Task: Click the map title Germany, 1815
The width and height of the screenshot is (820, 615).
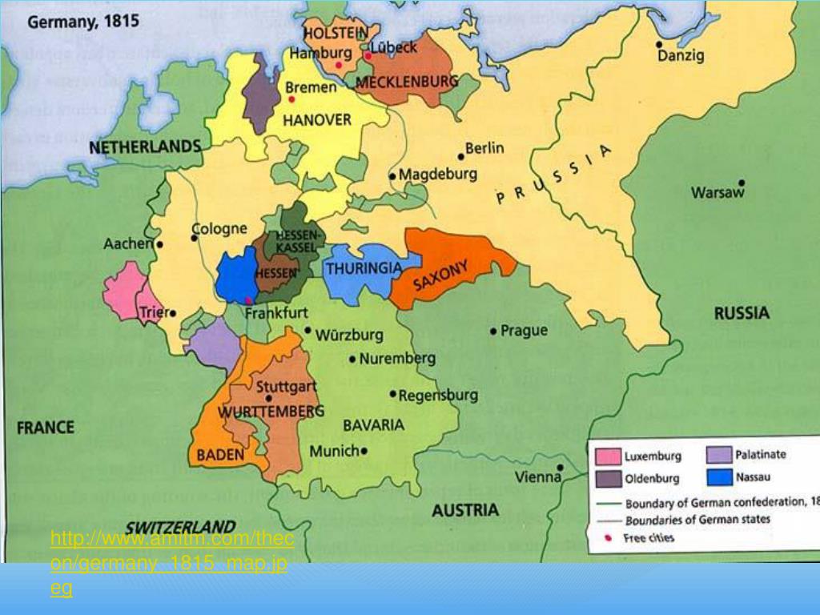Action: click(x=82, y=21)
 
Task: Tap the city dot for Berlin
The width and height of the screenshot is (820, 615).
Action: click(x=460, y=156)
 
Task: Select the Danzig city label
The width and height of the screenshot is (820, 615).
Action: click(x=681, y=56)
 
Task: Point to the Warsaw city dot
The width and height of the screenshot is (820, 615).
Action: click(x=742, y=183)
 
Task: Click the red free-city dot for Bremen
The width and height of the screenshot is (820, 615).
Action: click(x=292, y=99)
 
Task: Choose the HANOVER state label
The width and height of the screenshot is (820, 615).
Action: click(x=318, y=119)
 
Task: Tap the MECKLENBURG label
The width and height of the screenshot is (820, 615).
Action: click(x=407, y=82)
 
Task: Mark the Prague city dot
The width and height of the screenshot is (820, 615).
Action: click(x=493, y=331)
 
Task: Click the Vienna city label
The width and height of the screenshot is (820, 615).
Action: click(x=537, y=477)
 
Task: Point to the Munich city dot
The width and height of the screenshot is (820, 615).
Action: click(x=364, y=451)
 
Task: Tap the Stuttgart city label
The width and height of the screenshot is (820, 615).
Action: click(x=287, y=387)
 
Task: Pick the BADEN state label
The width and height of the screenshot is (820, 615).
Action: click(x=220, y=455)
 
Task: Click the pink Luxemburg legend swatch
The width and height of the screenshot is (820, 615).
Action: click(x=608, y=456)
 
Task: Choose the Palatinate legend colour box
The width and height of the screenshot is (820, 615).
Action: click(x=719, y=455)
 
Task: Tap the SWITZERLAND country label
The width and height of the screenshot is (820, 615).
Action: click(x=180, y=527)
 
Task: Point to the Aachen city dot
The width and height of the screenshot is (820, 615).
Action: click(x=160, y=244)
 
